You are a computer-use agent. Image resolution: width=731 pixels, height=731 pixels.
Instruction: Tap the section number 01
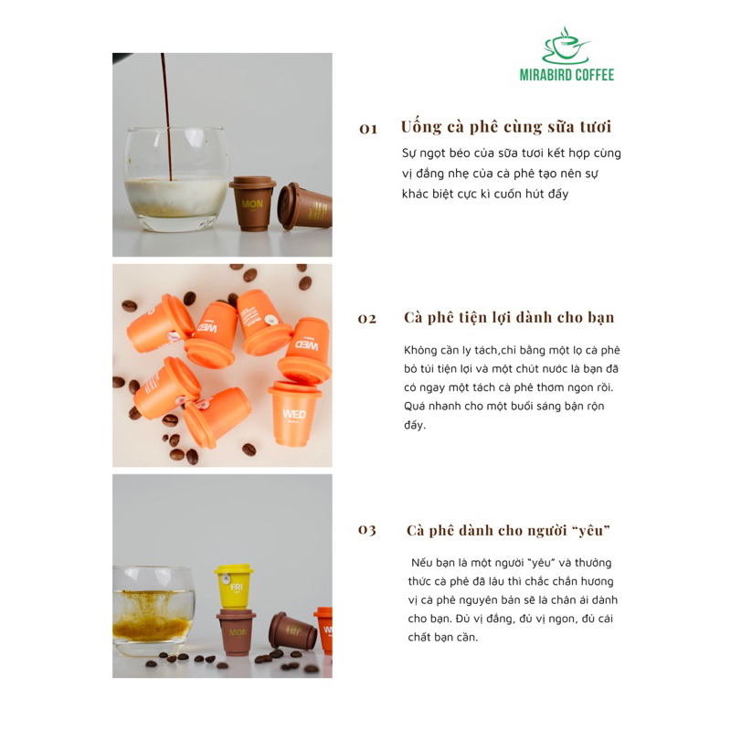368,130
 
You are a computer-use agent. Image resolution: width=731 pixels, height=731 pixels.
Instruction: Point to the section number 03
367,531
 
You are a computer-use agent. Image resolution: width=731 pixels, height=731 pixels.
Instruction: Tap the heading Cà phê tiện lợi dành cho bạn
509,318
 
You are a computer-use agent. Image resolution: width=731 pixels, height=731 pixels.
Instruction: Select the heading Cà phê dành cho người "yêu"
508,530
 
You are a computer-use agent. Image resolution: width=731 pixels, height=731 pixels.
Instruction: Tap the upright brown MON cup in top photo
252,203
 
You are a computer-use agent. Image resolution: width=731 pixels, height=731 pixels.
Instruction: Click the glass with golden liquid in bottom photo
154,610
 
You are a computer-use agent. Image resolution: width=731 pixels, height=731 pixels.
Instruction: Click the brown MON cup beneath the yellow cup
236,633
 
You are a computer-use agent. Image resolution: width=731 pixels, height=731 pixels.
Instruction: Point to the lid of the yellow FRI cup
234,572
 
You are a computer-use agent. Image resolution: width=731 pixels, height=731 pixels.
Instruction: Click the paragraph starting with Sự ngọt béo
512,174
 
